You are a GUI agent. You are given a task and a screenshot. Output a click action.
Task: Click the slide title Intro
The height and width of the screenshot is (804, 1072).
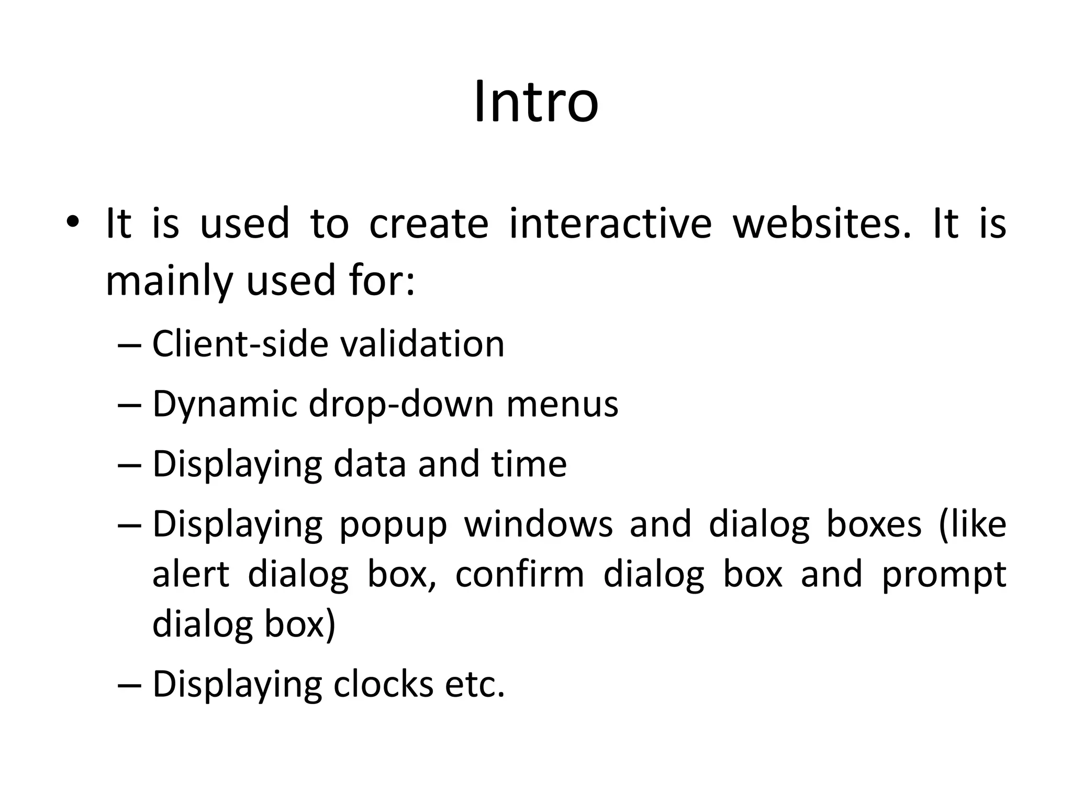(535, 102)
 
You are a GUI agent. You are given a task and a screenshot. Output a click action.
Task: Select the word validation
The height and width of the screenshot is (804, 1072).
(422, 344)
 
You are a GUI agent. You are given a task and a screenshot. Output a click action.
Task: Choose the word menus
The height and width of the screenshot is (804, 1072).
(562, 405)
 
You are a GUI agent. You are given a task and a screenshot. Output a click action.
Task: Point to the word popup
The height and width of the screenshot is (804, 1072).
(393, 524)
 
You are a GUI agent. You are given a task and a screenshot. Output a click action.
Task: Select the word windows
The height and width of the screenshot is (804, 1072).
(538, 524)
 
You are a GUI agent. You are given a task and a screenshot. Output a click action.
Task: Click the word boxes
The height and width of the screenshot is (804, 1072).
(874, 524)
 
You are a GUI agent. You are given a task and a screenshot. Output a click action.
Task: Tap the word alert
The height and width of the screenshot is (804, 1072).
(191, 574)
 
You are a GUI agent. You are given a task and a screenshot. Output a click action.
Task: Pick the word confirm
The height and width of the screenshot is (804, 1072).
(519, 574)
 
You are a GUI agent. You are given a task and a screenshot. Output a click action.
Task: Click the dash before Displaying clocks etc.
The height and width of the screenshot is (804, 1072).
(130, 685)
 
